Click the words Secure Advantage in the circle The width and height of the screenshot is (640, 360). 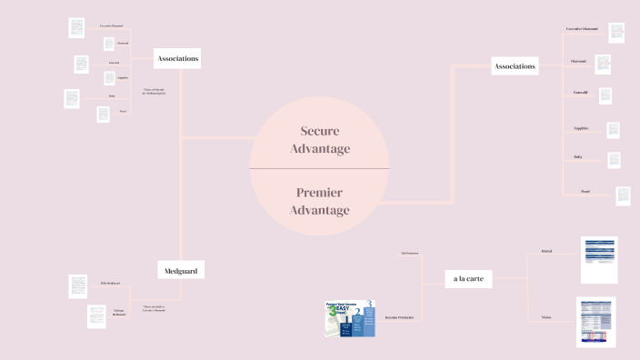[319, 139]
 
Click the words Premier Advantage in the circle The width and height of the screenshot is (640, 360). [319, 201]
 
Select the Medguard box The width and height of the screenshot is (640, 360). [181, 270]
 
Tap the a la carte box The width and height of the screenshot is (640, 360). [468, 279]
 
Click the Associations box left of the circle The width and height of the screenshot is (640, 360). [177, 58]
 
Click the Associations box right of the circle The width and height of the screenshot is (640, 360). [515, 65]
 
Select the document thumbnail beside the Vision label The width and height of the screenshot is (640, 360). [596, 322]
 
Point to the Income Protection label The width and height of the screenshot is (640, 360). [399, 318]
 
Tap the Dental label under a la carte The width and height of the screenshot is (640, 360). [546, 250]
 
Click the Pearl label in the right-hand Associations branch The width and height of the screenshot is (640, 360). [585, 191]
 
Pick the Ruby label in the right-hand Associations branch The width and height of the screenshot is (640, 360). [578, 156]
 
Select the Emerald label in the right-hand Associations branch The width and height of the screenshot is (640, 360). [579, 93]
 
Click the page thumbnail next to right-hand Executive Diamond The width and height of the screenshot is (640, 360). [617, 33]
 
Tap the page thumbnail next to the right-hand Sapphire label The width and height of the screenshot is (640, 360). [613, 130]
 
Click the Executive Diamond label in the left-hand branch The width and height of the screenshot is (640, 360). [111, 25]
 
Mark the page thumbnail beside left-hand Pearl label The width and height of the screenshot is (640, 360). [103, 115]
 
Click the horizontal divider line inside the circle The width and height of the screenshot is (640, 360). [319, 169]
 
